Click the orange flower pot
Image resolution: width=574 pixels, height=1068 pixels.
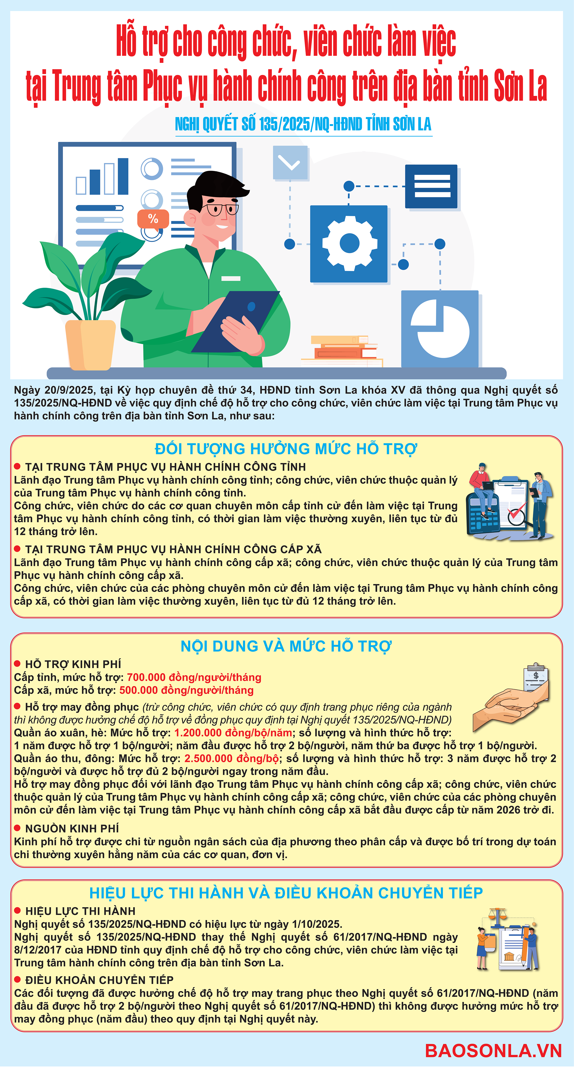click(x=90, y=345)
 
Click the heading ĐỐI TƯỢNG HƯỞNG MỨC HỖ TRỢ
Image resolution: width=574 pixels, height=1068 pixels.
click(x=286, y=449)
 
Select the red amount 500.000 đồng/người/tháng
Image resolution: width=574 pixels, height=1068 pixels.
click(x=186, y=690)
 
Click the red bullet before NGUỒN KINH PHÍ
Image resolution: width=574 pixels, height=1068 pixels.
click(x=17, y=828)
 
